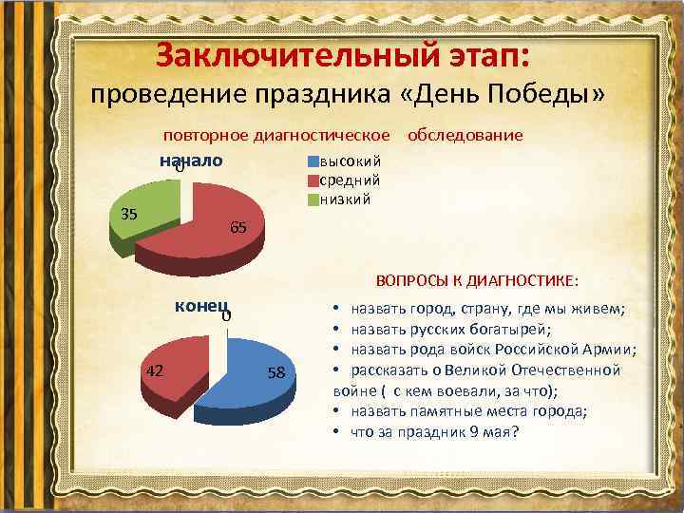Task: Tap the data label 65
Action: (x=238, y=227)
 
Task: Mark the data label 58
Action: (x=276, y=373)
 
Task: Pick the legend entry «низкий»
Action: (x=346, y=199)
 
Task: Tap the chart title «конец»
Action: (x=200, y=306)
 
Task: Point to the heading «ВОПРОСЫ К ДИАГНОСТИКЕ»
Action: (x=475, y=281)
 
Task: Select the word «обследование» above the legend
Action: (x=465, y=135)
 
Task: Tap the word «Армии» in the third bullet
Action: (x=612, y=350)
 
